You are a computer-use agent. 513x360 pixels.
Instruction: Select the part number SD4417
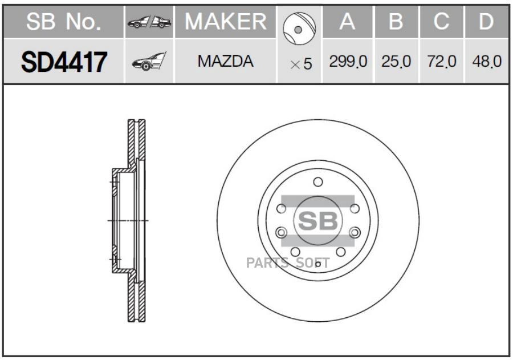64,62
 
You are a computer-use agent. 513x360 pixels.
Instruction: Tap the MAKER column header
226,22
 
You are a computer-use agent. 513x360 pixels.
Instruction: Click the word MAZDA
225,61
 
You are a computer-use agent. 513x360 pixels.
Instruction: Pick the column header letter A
347,22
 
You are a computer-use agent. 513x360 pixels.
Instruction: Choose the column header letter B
396,22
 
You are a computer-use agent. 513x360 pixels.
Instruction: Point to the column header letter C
441,22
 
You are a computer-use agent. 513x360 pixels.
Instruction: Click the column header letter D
486,22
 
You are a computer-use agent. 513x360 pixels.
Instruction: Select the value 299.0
348,61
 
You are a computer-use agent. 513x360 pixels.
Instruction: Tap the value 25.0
396,61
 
